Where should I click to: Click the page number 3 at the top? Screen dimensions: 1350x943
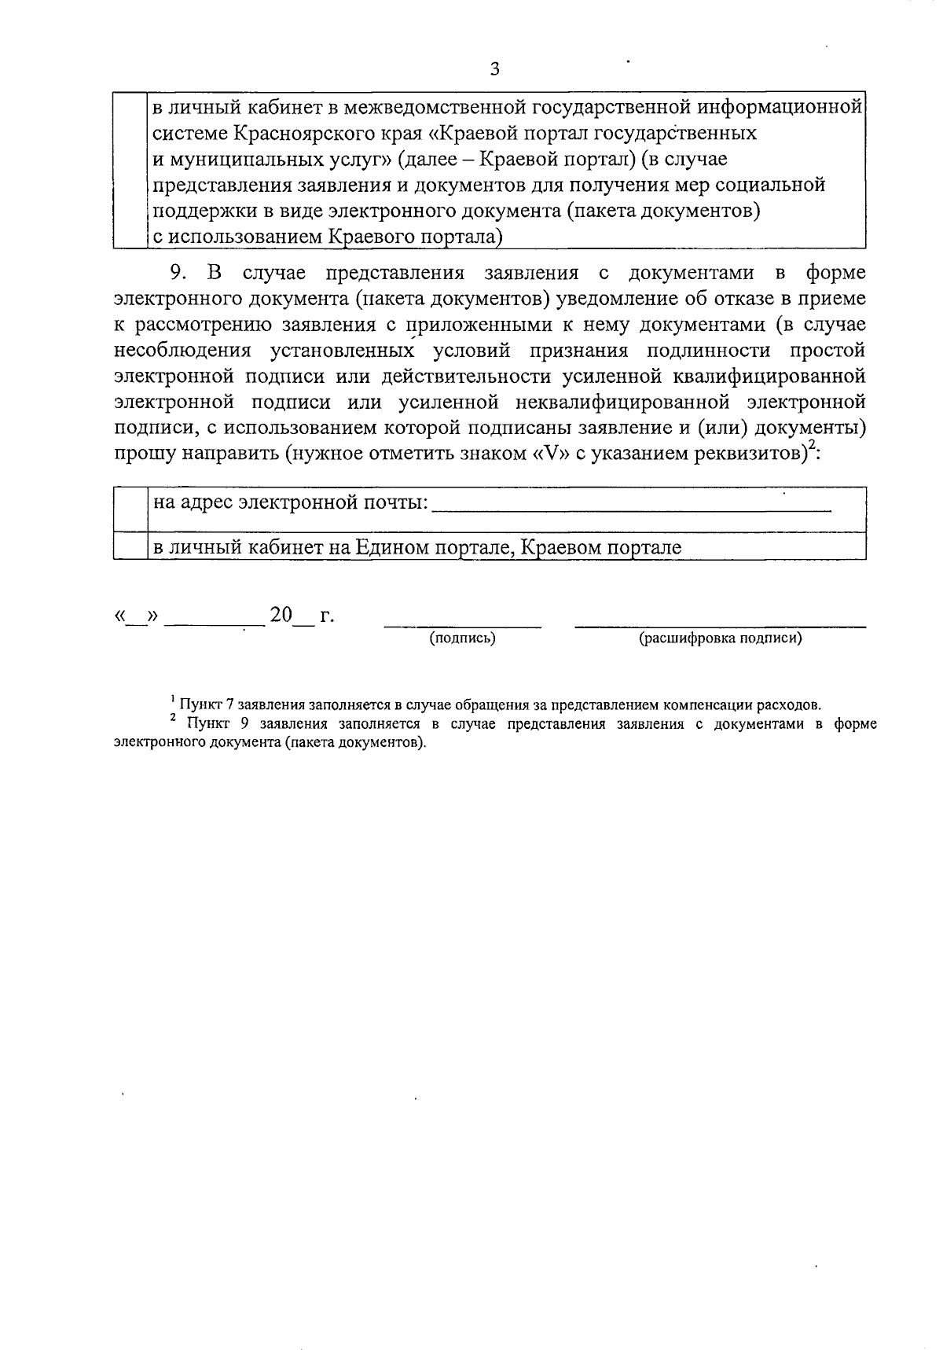pyautogui.click(x=494, y=69)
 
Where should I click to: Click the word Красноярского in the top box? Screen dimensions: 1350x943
pyautogui.click(x=288, y=133)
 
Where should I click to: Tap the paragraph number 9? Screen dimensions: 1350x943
pyautogui.click(x=176, y=273)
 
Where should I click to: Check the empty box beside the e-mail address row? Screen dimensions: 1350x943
pyautogui.click(x=130, y=508)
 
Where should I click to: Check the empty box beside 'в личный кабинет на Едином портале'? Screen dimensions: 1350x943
pyautogui.click(x=130, y=546)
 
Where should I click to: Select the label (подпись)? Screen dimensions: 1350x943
pyautogui.click(x=462, y=638)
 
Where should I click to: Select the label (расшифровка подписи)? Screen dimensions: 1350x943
pyautogui.click(x=721, y=638)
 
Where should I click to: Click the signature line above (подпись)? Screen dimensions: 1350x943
pyautogui.click(x=462, y=626)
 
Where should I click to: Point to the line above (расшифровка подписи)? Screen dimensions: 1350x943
pyautogui.click(x=721, y=626)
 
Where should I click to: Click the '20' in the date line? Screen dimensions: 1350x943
pyautogui.click(x=281, y=615)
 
